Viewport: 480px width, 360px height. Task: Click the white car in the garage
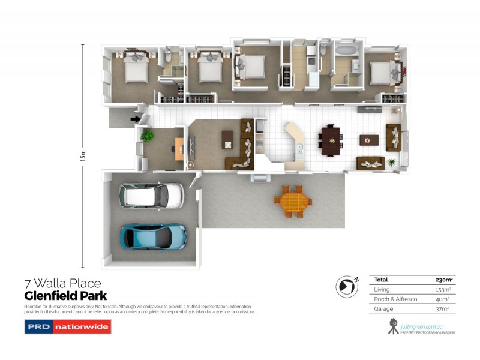151,194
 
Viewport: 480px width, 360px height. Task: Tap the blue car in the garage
154,236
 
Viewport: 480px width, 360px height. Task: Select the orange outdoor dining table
294,201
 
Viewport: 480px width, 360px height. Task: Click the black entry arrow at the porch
135,119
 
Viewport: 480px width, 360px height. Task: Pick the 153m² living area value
443,290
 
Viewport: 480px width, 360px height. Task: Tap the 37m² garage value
443,309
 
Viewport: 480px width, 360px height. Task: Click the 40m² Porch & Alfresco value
443,299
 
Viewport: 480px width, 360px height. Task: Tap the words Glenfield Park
65,296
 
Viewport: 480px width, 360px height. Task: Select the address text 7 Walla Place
62,283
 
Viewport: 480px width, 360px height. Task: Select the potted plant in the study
147,136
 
